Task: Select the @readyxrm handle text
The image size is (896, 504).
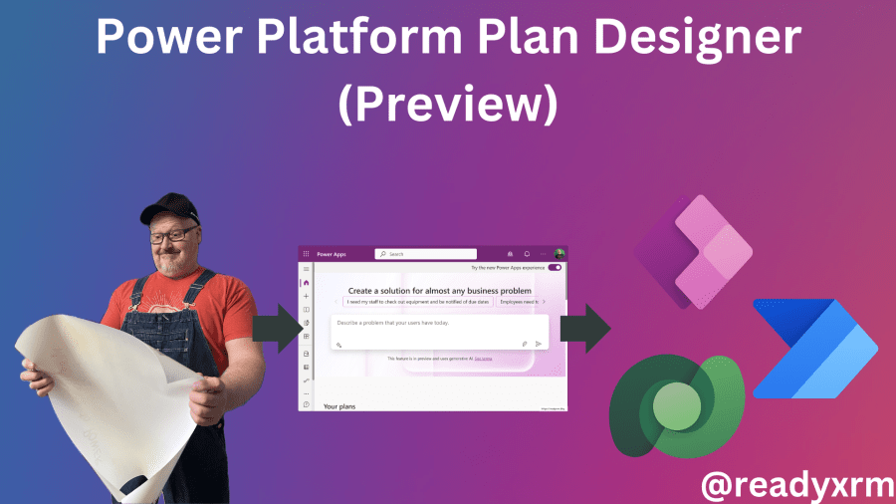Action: tap(792, 484)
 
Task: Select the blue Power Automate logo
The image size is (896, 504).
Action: tap(813, 349)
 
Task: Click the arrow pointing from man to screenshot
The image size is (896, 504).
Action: tap(273, 328)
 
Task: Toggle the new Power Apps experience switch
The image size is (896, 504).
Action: tap(555, 268)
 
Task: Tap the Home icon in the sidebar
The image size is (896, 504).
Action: tap(306, 283)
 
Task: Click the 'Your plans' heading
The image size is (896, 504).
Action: tap(339, 405)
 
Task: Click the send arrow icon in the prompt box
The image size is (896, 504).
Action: tap(539, 344)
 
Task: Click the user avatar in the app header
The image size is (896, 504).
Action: tap(560, 254)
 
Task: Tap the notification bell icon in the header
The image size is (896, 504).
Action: tap(526, 254)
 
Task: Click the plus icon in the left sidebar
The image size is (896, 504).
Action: tap(306, 296)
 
